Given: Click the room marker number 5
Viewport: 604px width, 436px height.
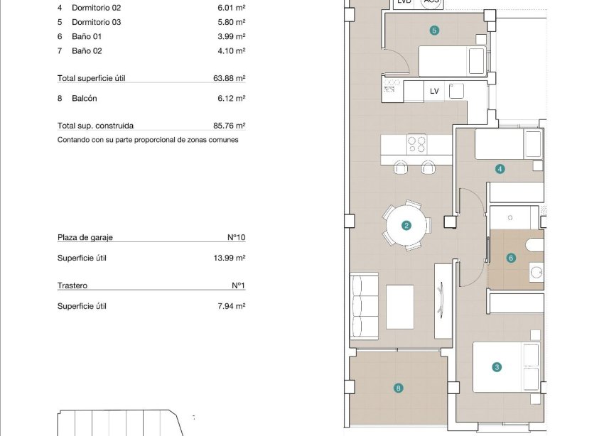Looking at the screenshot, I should click(x=434, y=30).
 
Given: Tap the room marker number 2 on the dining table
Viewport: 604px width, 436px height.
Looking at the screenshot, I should click(x=406, y=226).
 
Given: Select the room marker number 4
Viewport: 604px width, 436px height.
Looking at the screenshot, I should click(x=500, y=169).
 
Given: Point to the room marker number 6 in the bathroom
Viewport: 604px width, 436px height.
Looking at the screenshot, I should click(x=511, y=258).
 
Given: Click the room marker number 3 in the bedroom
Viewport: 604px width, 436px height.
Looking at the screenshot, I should click(x=497, y=367).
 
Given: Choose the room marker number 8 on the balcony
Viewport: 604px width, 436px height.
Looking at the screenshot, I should click(x=399, y=388).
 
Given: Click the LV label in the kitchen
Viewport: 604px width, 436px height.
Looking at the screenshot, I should click(x=434, y=92).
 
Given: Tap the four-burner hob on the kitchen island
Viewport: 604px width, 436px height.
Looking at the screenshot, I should click(x=416, y=144).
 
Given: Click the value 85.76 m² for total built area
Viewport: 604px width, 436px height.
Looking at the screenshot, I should click(x=231, y=126).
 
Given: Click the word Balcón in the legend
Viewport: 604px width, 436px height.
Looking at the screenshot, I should click(x=84, y=99).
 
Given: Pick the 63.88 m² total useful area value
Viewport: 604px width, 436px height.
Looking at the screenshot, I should click(x=231, y=78).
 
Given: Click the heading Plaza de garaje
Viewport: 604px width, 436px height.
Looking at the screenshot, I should click(x=85, y=238).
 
